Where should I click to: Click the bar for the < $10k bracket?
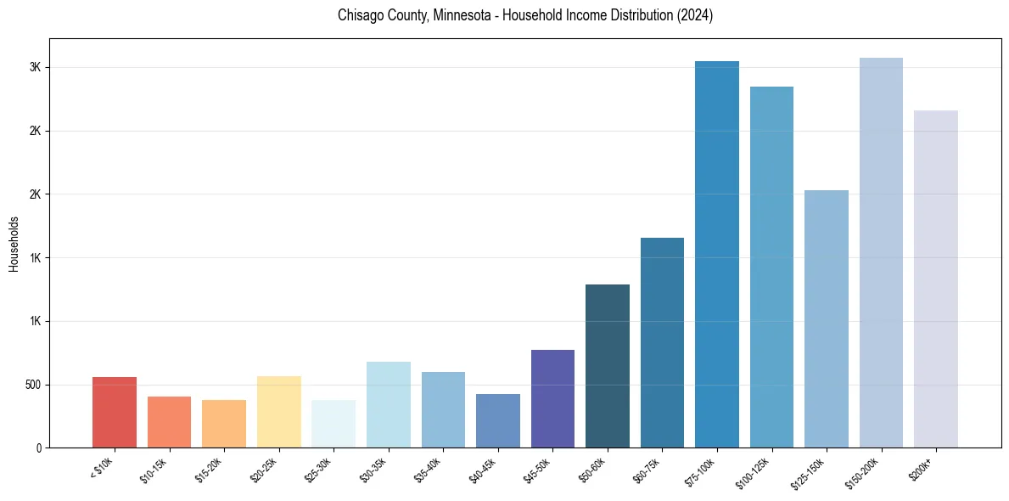[115, 412]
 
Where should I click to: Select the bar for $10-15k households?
[169, 422]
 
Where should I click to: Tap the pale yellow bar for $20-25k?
[279, 412]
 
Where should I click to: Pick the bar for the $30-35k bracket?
[389, 404]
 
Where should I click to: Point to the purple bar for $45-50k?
[552, 398]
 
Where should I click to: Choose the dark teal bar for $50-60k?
[608, 366]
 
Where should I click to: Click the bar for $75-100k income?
[717, 255]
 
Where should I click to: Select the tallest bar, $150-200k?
[881, 253]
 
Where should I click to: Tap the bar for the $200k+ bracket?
[936, 279]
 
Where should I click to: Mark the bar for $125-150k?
[827, 318]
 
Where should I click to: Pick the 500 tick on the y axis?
[34, 385]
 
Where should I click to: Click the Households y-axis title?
[14, 244]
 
